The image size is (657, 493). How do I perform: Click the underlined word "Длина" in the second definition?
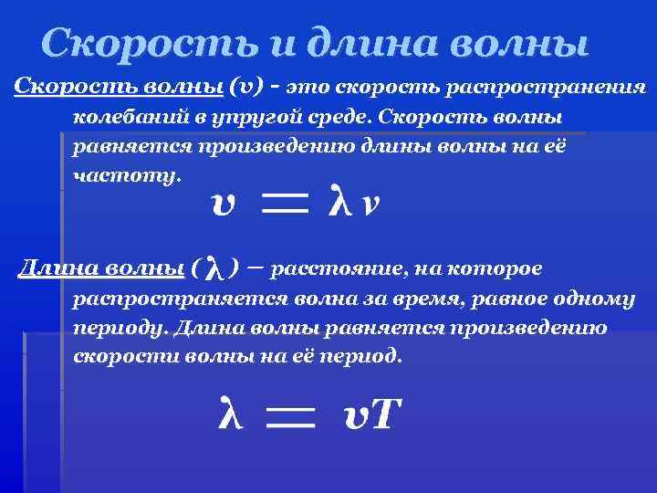[57, 267]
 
